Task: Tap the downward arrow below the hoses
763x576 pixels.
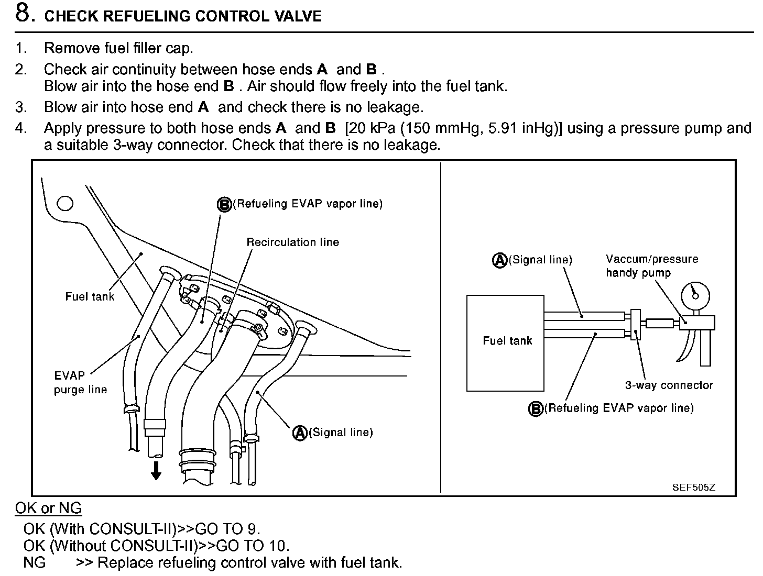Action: (x=156, y=471)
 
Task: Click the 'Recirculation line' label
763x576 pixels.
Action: (x=292, y=242)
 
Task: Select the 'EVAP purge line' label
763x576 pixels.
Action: (x=80, y=382)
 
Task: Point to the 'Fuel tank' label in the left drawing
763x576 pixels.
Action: (x=90, y=296)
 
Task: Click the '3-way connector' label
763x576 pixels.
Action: (x=669, y=385)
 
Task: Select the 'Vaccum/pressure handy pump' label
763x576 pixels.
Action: (x=651, y=265)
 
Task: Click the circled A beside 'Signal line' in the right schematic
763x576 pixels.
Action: (x=500, y=260)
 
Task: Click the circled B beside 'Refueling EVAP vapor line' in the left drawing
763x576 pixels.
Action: (x=224, y=204)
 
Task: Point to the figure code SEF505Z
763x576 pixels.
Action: (x=693, y=487)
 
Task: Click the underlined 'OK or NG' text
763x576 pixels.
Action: (x=48, y=508)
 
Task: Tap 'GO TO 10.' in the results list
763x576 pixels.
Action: (x=253, y=546)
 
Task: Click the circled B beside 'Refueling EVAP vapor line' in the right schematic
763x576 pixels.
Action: (x=536, y=408)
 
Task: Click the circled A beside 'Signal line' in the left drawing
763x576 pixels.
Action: (x=300, y=433)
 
